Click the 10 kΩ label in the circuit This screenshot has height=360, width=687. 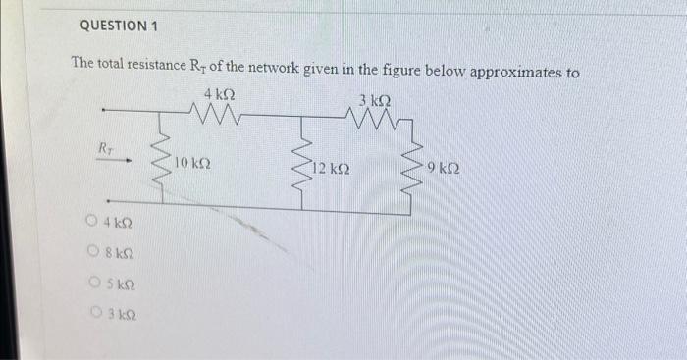pos(193,161)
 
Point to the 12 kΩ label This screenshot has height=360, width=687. pos(332,170)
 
